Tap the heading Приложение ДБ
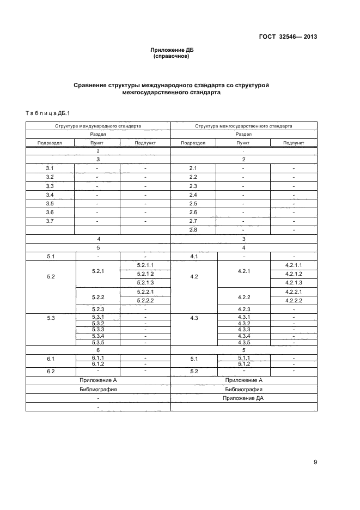tap(172, 50)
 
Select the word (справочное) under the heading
tap(172, 56)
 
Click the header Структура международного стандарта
tap(98, 125)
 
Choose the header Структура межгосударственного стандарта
tap(243, 125)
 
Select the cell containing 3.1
tap(50, 168)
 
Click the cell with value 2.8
tap(193, 229)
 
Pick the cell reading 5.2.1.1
tap(145, 265)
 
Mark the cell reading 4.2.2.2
tap(294, 300)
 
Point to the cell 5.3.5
tap(98, 342)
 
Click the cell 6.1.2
tap(98, 363)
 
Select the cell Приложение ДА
tap(243, 398)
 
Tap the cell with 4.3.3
tap(243, 329)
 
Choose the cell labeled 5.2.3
tap(98, 309)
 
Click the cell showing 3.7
tap(50, 221)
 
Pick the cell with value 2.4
tap(193, 195)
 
